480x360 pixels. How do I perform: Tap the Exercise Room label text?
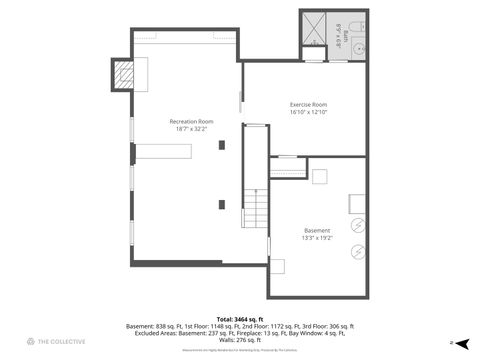(309, 104)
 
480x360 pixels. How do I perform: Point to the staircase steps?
(258, 209)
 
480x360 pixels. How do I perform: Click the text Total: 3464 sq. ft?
(239, 317)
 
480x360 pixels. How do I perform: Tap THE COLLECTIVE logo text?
(62, 342)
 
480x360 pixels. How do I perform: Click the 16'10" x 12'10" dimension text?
(309, 112)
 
